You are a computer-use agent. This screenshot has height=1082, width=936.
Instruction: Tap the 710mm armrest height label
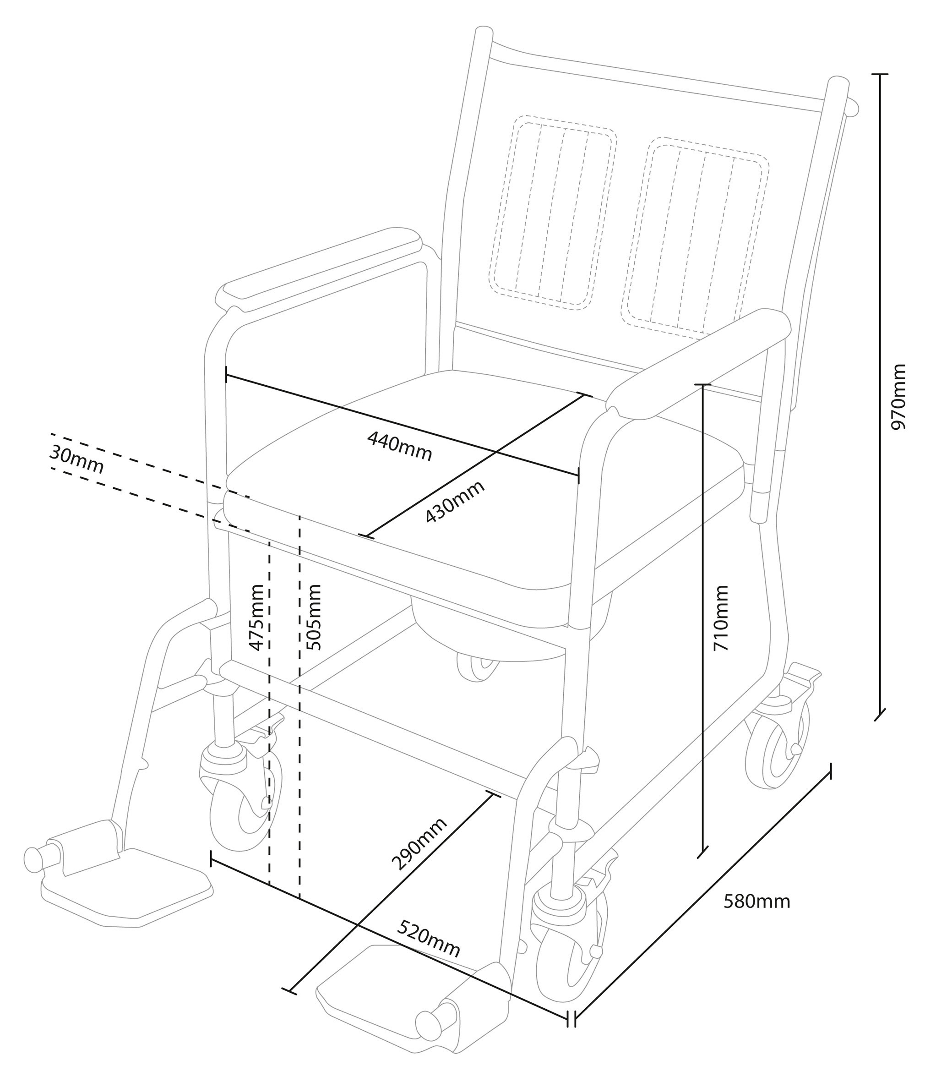(x=721, y=618)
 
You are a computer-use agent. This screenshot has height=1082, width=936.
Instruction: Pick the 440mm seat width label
(x=400, y=446)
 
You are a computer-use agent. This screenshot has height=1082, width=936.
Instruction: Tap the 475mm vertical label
(x=256, y=618)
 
